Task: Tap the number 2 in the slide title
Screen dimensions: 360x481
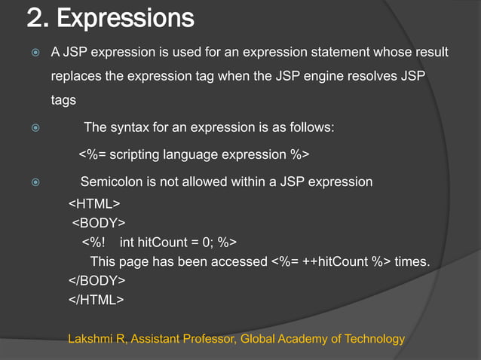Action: pyautogui.click(x=34, y=17)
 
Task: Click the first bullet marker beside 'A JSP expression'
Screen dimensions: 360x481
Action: pyautogui.click(x=32, y=53)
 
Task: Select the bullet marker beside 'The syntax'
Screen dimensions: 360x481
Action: pyautogui.click(x=32, y=128)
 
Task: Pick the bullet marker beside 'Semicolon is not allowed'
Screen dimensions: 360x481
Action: pyautogui.click(x=32, y=182)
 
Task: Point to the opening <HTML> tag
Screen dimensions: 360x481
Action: pyautogui.click(x=94, y=204)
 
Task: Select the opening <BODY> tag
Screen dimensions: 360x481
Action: pyautogui.click(x=99, y=223)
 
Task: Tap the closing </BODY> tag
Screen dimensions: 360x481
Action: pyautogui.click(x=98, y=280)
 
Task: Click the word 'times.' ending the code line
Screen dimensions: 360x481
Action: pyautogui.click(x=412, y=261)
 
